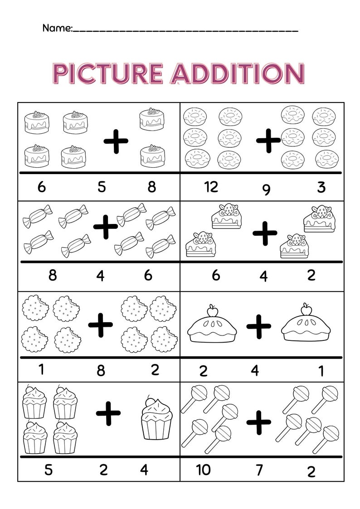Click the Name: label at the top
pyautogui.click(x=57, y=28)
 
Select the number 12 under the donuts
pyautogui.click(x=211, y=186)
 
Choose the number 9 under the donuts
pyautogui.click(x=266, y=189)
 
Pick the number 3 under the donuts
pyautogui.click(x=321, y=187)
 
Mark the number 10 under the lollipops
pyautogui.click(x=203, y=470)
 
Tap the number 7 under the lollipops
pyautogui.click(x=259, y=470)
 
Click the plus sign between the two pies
pyautogui.click(x=259, y=326)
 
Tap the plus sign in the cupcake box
pyautogui.click(x=108, y=413)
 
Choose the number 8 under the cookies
pyautogui.click(x=101, y=371)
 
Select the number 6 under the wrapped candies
pyautogui.click(x=148, y=275)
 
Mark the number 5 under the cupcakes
pyautogui.click(x=48, y=470)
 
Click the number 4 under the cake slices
pyautogui.click(x=263, y=276)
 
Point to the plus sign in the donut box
pyautogui.click(x=268, y=140)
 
